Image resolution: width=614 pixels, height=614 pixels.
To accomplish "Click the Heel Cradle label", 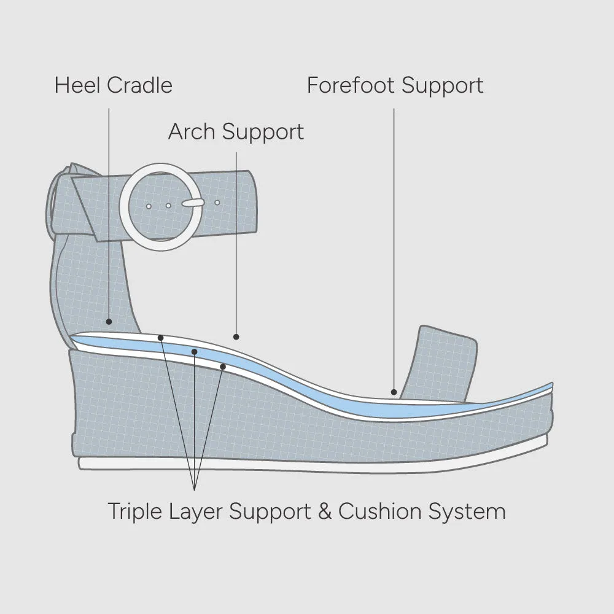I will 113,85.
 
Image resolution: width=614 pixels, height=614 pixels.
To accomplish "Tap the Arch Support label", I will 236,131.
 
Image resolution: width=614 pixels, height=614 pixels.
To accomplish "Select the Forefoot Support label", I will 395,85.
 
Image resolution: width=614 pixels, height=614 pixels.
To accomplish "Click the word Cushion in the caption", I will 379,511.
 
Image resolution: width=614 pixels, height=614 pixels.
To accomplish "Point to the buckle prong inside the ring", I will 193,202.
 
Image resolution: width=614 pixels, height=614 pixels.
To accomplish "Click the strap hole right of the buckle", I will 217,202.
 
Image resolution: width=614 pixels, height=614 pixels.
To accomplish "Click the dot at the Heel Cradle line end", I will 109,321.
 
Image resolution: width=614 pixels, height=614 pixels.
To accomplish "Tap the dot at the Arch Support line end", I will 236,336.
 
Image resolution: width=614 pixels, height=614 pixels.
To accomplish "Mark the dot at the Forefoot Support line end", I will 394,392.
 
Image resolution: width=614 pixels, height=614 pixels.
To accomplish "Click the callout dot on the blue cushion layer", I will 194,352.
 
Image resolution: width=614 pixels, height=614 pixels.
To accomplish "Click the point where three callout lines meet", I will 194,489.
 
